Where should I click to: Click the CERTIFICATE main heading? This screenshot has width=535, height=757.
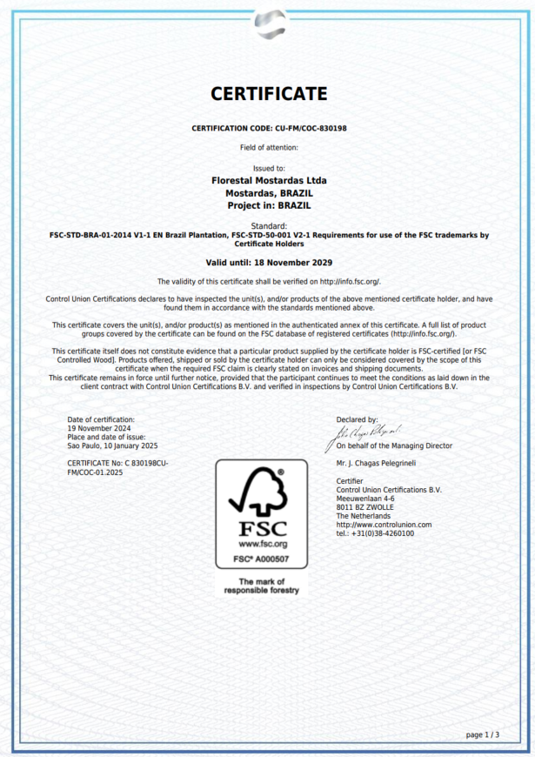point(269,94)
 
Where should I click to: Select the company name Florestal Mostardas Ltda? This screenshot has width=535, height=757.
point(269,180)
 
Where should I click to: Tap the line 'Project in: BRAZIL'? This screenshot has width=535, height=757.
point(269,205)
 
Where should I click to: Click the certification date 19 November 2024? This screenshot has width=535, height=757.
point(99,428)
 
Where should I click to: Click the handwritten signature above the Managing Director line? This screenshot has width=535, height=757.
point(369,431)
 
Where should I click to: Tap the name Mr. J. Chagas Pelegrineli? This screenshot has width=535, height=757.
point(376,464)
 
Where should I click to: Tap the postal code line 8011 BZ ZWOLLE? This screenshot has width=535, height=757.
point(364,507)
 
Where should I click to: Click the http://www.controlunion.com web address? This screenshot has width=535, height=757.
point(384,525)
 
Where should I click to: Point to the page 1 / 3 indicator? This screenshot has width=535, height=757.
point(483,734)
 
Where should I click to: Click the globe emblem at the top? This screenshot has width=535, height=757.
point(269,23)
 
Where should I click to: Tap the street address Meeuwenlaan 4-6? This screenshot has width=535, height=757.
point(365,499)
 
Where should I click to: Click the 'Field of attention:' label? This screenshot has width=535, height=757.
point(269,148)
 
